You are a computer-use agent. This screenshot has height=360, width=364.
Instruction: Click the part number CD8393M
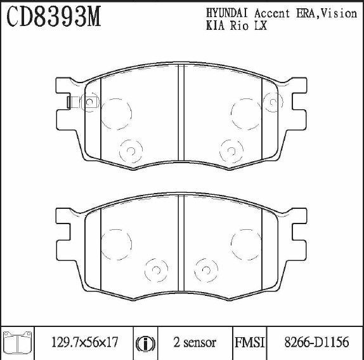coord(54,17)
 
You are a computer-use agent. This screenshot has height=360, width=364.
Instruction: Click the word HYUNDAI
coord(227,13)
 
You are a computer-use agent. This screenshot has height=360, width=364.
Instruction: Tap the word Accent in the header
coord(272,13)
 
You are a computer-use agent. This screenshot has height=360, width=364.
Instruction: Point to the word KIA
coord(216,25)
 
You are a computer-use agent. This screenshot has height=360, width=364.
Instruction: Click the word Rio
coord(239,25)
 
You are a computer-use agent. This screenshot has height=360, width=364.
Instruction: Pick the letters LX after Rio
coord(261,25)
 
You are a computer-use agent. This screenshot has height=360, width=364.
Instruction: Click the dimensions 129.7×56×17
coord(85,342)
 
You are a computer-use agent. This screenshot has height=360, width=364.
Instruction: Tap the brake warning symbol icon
coord(145,343)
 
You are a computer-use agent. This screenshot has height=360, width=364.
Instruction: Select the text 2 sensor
coord(195,342)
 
